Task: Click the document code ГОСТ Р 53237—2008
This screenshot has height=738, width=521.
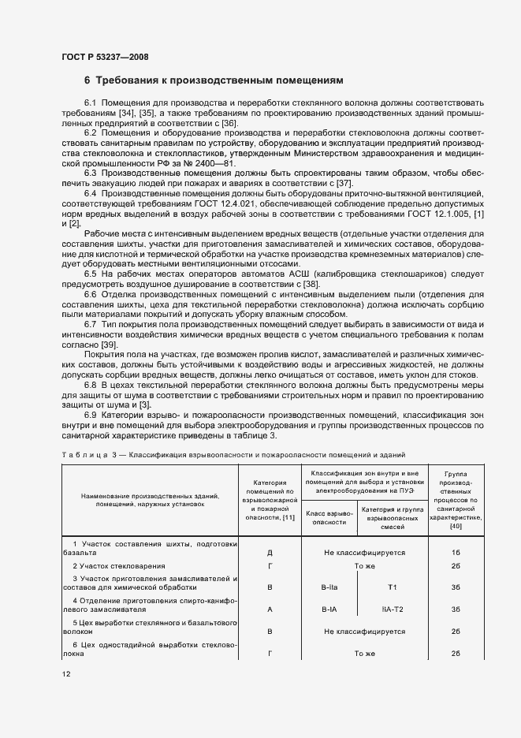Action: point(104,56)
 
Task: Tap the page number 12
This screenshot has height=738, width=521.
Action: point(67,673)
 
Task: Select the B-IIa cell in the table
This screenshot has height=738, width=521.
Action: point(329,587)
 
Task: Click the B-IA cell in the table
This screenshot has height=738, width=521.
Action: point(329,609)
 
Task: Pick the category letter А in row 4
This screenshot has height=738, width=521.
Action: point(270,609)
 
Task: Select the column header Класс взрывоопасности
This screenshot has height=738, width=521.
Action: point(329,516)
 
